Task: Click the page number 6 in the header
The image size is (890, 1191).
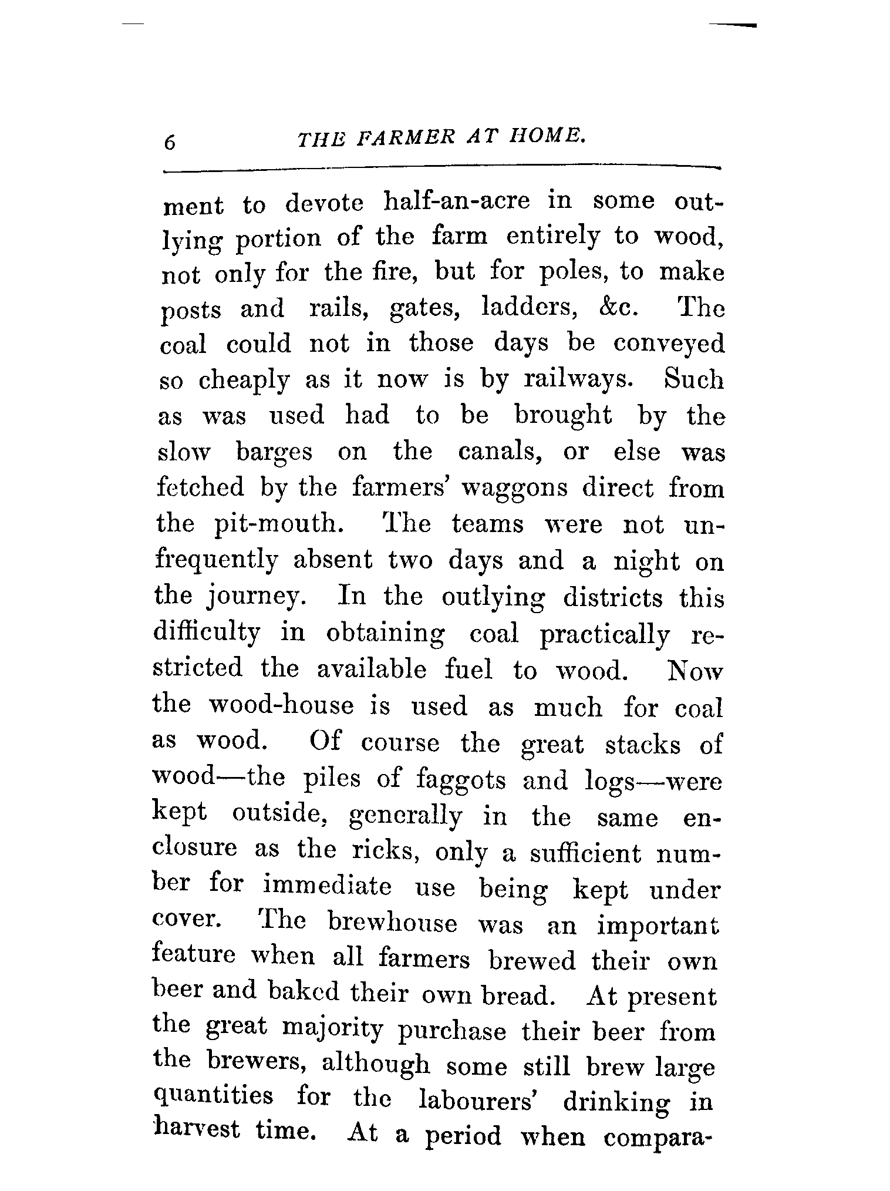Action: coord(170,142)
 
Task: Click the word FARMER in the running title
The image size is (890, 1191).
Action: coord(405,140)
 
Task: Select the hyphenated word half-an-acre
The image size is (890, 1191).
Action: coord(456,201)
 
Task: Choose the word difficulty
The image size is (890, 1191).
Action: coord(206,633)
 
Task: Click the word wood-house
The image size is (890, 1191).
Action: coord(282,705)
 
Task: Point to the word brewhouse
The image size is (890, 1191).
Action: coord(392,923)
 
